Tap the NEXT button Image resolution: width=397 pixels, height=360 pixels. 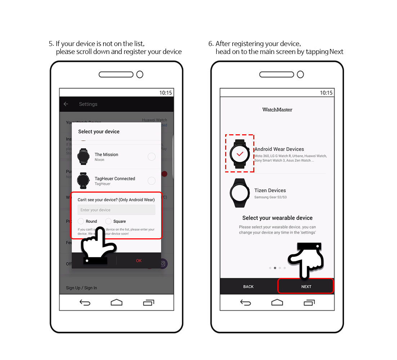306,287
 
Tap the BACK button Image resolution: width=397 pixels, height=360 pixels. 248,287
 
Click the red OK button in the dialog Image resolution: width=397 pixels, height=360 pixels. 139,261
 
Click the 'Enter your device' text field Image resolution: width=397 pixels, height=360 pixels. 116,210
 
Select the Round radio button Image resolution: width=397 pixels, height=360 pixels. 81,221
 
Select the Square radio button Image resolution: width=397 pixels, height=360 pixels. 108,221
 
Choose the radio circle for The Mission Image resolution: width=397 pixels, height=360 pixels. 152,157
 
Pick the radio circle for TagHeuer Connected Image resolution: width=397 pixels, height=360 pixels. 152,181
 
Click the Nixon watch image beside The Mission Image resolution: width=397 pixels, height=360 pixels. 83,157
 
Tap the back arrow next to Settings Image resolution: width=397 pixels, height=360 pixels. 66,104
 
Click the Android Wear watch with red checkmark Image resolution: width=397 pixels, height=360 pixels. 240,154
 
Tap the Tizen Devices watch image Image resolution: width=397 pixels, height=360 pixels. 240,193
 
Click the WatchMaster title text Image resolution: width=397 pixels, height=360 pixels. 277,109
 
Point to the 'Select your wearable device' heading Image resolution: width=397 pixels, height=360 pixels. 277,218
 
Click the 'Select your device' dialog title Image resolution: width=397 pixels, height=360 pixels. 99,132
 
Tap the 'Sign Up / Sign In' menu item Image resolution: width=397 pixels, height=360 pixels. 81,288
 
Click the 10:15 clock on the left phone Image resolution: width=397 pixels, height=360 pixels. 165,93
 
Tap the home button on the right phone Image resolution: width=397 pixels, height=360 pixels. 277,302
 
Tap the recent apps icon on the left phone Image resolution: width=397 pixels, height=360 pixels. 148,302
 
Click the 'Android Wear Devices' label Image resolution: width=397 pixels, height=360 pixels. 279,149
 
